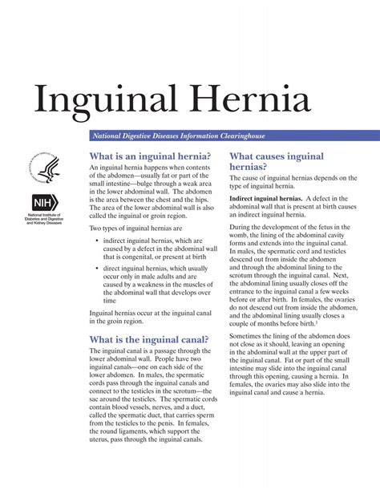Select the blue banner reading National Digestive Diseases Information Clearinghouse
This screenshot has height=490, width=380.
point(232,136)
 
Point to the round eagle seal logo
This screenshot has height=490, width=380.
point(45,168)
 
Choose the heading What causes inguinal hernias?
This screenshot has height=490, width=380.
point(276,162)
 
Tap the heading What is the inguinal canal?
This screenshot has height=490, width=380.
point(149,338)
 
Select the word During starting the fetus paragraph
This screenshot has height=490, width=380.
point(241,229)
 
